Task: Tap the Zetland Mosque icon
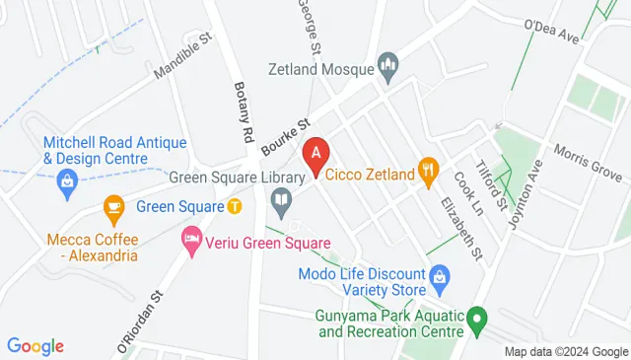(387, 68)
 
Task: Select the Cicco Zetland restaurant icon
(427, 173)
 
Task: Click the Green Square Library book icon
(282, 204)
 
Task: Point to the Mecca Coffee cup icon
(114, 207)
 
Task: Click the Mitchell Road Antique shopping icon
(67, 180)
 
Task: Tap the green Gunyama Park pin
(478, 319)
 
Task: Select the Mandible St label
(183, 58)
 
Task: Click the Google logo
(35, 345)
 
